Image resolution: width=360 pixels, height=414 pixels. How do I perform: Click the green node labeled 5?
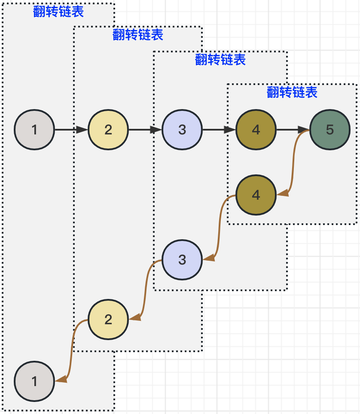(329, 130)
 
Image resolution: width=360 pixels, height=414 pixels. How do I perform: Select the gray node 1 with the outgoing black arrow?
(34, 130)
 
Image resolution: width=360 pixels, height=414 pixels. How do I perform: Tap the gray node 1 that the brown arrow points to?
(34, 381)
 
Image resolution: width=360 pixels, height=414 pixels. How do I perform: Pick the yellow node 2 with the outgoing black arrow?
(108, 130)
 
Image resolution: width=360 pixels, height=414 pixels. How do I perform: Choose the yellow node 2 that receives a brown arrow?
(108, 320)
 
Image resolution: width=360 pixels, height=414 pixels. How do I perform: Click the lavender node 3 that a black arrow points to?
(182, 130)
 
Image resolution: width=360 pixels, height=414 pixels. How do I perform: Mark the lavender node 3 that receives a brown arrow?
(182, 260)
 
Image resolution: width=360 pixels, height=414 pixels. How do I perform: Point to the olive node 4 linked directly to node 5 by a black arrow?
(256, 130)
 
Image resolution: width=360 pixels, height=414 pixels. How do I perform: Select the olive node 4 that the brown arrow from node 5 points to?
(256, 195)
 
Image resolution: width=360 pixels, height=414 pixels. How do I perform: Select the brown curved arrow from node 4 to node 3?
(220, 228)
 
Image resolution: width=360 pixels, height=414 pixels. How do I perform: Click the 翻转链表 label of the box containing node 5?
(292, 92)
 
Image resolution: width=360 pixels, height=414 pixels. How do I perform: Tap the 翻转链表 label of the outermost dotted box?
(58, 12)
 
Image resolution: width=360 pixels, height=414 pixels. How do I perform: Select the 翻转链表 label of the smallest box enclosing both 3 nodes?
(220, 60)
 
